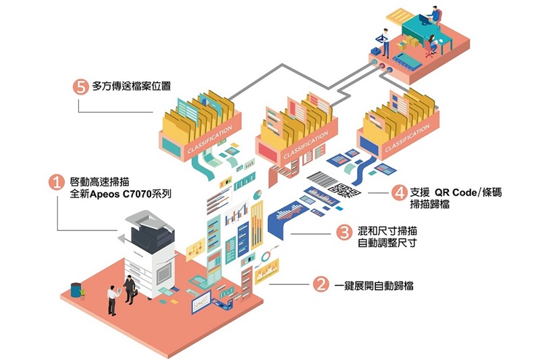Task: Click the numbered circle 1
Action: tap(58, 182)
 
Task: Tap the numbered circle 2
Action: tap(320, 285)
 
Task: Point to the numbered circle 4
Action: tap(399, 192)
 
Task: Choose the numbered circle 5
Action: tap(80, 86)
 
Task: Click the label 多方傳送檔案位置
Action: tap(132, 86)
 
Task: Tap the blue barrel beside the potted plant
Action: tap(76, 289)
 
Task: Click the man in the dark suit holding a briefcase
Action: tap(129, 288)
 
